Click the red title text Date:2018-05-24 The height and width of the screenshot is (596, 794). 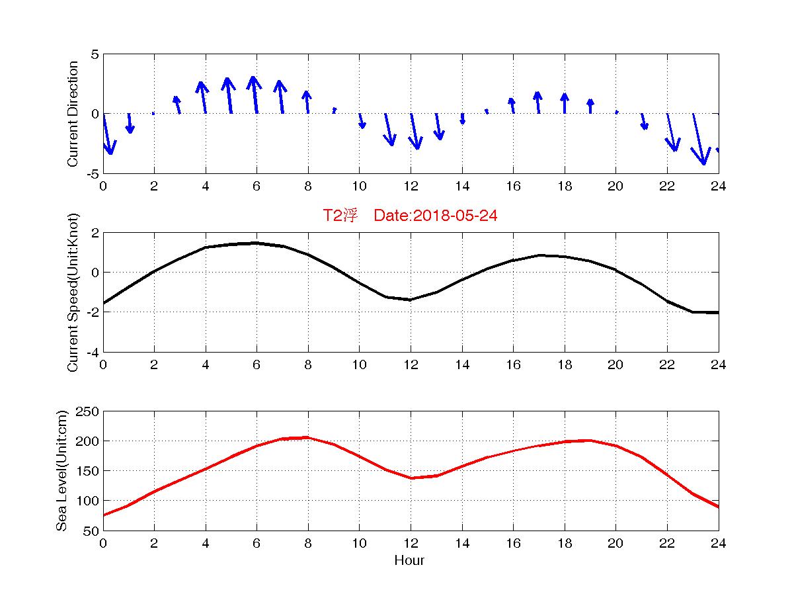[x=435, y=216]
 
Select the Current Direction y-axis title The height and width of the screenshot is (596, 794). [x=73, y=114]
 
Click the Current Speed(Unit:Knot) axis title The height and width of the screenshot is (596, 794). [x=73, y=292]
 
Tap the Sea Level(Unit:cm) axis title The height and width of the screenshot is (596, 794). [x=61, y=470]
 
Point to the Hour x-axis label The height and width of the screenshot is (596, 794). [x=409, y=561]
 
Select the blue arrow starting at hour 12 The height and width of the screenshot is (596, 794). [x=414, y=131]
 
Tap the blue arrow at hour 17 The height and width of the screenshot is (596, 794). [x=538, y=103]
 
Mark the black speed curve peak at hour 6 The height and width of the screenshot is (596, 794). [x=257, y=243]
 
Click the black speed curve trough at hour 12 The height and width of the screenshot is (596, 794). [x=411, y=300]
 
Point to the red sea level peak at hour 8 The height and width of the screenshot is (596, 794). [x=307, y=437]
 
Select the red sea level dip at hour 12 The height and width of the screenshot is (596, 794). [x=411, y=478]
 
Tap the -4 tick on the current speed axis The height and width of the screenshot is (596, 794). [x=93, y=352]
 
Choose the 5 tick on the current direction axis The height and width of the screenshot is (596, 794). [x=95, y=54]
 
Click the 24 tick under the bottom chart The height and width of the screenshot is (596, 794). [x=718, y=543]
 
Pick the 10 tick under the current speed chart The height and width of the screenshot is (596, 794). [x=359, y=364]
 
